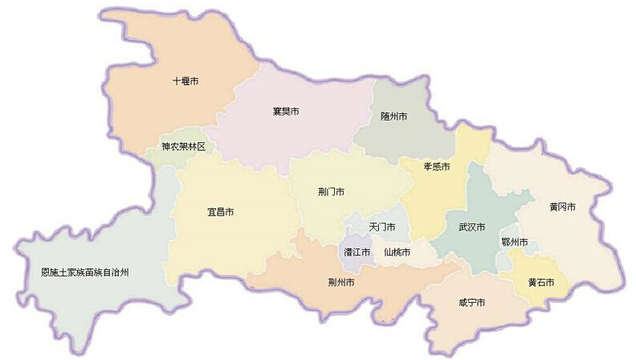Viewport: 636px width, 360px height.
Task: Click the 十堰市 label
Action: pyautogui.click(x=185, y=81)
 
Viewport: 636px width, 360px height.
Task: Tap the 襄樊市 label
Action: pyautogui.click(x=286, y=111)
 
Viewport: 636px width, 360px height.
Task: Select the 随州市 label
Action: pyautogui.click(x=393, y=117)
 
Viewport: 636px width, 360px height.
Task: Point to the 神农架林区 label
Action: pyautogui.click(x=183, y=147)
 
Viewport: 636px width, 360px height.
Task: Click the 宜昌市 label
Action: pyautogui.click(x=220, y=212)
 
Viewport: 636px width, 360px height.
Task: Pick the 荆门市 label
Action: pyautogui.click(x=331, y=192)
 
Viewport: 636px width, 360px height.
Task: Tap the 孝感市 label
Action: pyautogui.click(x=436, y=167)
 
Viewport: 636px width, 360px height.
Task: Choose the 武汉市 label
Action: pyautogui.click(x=471, y=227)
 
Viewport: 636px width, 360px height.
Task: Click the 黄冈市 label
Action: pyautogui.click(x=562, y=207)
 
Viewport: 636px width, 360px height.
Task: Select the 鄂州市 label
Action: pyautogui.click(x=514, y=243)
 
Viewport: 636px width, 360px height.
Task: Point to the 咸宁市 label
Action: pyautogui.click(x=471, y=303)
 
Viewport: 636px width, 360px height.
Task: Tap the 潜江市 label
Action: pyautogui.click(x=357, y=252)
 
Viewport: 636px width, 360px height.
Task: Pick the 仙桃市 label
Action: pyautogui.click(x=397, y=252)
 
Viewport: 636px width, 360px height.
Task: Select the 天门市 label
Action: pyautogui.click(x=382, y=227)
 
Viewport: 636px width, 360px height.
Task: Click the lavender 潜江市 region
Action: pyautogui.click(x=350, y=242)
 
